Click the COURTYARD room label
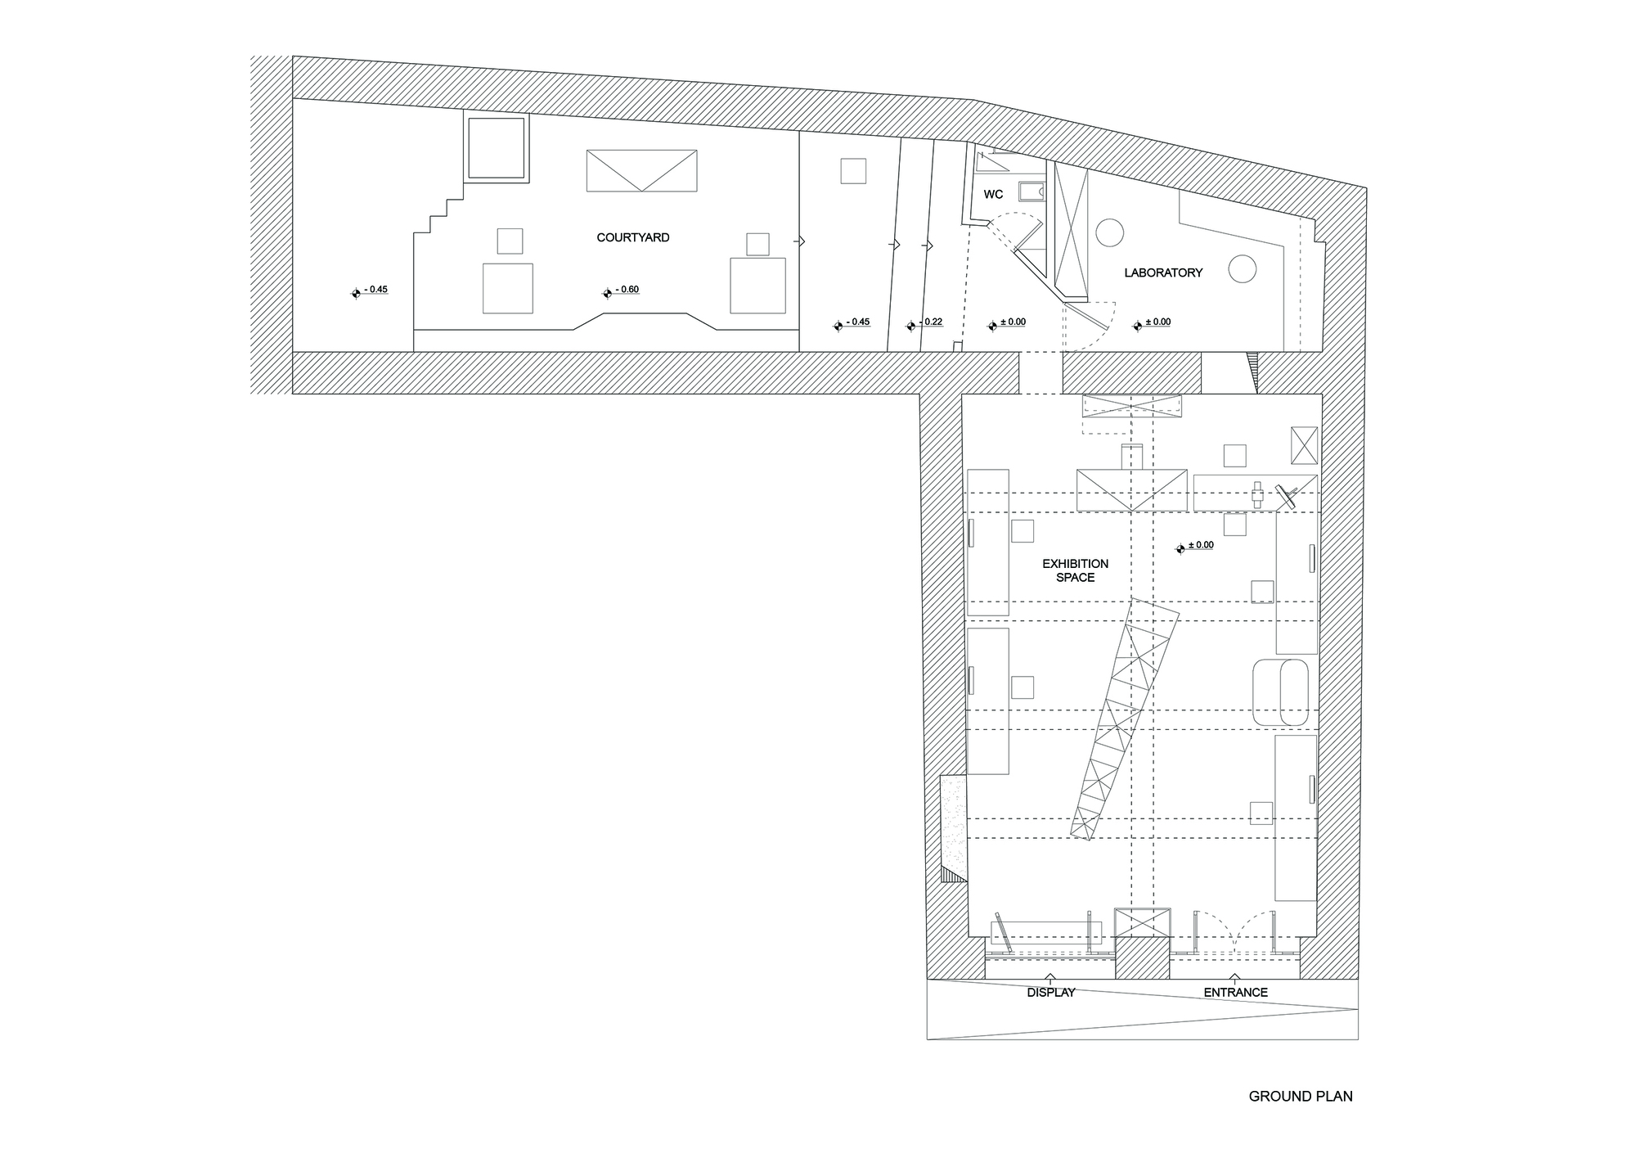633,237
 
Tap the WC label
993,194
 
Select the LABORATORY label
1163,273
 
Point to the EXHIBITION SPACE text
1076,570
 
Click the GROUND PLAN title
1301,1097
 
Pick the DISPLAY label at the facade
1051,993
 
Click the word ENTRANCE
1235,993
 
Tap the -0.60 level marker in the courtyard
622,291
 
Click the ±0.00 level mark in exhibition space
1195,546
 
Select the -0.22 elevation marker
924,323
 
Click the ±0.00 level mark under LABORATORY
1152,323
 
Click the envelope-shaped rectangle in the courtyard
641,170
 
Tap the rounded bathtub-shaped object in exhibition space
1280,692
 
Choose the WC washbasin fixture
1032,191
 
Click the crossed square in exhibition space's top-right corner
1304,445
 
